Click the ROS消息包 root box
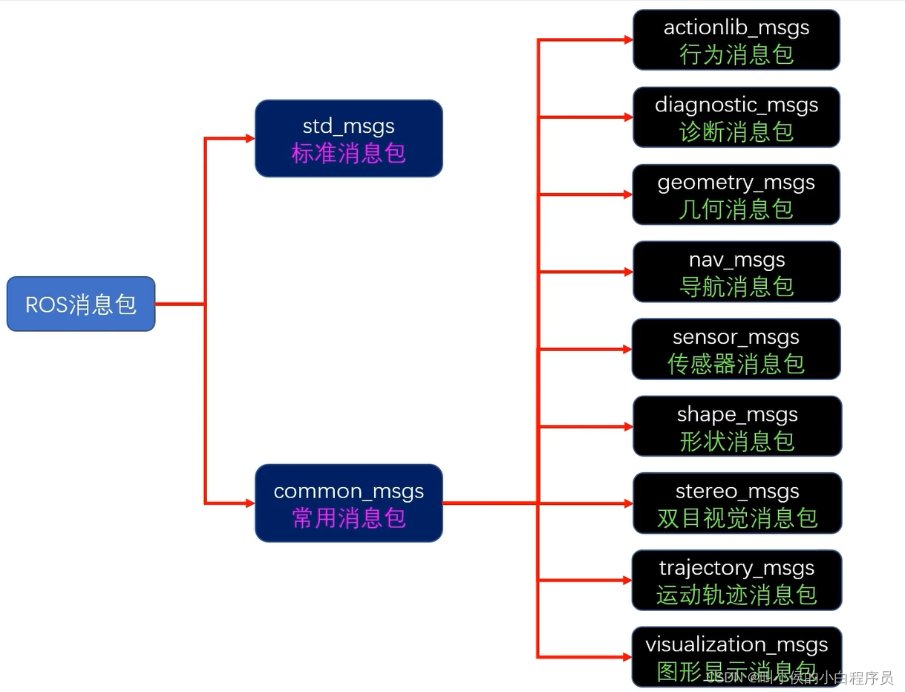(81, 304)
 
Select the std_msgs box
(349, 138)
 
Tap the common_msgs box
(349, 503)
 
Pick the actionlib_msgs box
(736, 39)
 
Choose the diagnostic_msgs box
(736, 117)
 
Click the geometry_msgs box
(736, 195)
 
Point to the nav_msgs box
(736, 272)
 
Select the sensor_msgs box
(736, 349)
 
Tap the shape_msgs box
(736, 426)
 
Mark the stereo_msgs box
(736, 503)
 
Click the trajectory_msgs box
(736, 581)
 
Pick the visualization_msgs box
(736, 657)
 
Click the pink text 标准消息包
(349, 154)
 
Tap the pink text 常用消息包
(349, 518)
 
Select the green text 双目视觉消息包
(736, 518)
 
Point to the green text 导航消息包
(736, 287)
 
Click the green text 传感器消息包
(736, 364)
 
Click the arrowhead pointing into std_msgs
(250, 138)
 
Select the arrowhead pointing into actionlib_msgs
(628, 40)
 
